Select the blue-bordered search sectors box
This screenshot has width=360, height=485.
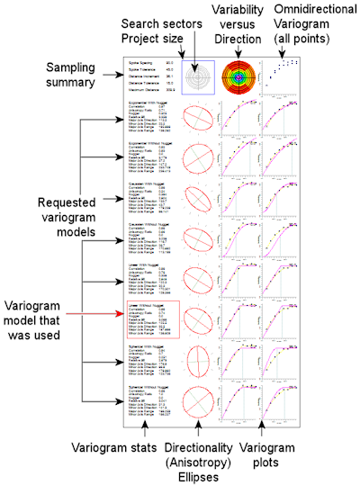[x=197, y=79]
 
